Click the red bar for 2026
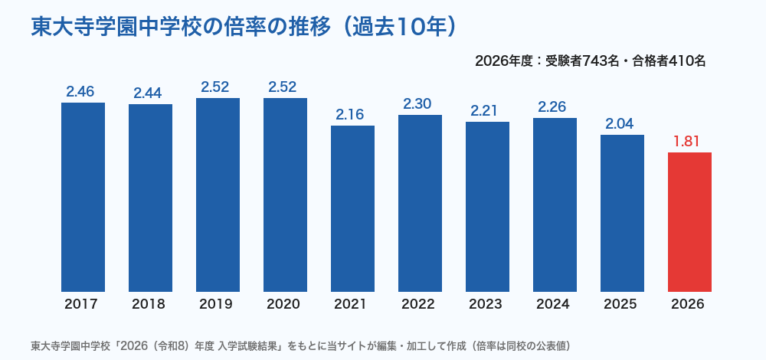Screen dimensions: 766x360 pyautogui.click(x=689, y=222)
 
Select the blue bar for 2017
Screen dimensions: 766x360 pyautogui.click(x=83, y=198)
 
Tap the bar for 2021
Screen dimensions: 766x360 pyautogui.click(x=352, y=208)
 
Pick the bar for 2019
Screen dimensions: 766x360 pyautogui.click(x=218, y=195)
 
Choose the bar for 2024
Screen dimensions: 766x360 pyautogui.click(x=555, y=205)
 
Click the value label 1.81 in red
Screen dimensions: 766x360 pyautogui.click(x=689, y=142)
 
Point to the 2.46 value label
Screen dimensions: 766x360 pyautogui.click(x=80, y=91)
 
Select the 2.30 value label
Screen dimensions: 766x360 pyautogui.click(x=420, y=103)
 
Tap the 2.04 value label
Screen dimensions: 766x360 pyautogui.click(x=620, y=123)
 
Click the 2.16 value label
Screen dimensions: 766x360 pyautogui.click(x=350, y=114)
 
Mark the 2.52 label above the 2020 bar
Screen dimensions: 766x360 pyautogui.click(x=283, y=87)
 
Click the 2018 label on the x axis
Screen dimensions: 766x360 pyautogui.click(x=149, y=304)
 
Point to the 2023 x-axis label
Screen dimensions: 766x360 pyautogui.click(x=486, y=304)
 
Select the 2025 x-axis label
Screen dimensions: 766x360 pyautogui.click(x=620, y=304)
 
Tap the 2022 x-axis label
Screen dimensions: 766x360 pyautogui.click(x=418, y=304)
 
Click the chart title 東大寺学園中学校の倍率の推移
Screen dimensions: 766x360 pyautogui.click(x=181, y=28)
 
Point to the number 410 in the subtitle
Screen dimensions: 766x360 pyautogui.click(x=680, y=61)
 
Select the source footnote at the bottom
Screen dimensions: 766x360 pyautogui.click(x=301, y=346)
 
